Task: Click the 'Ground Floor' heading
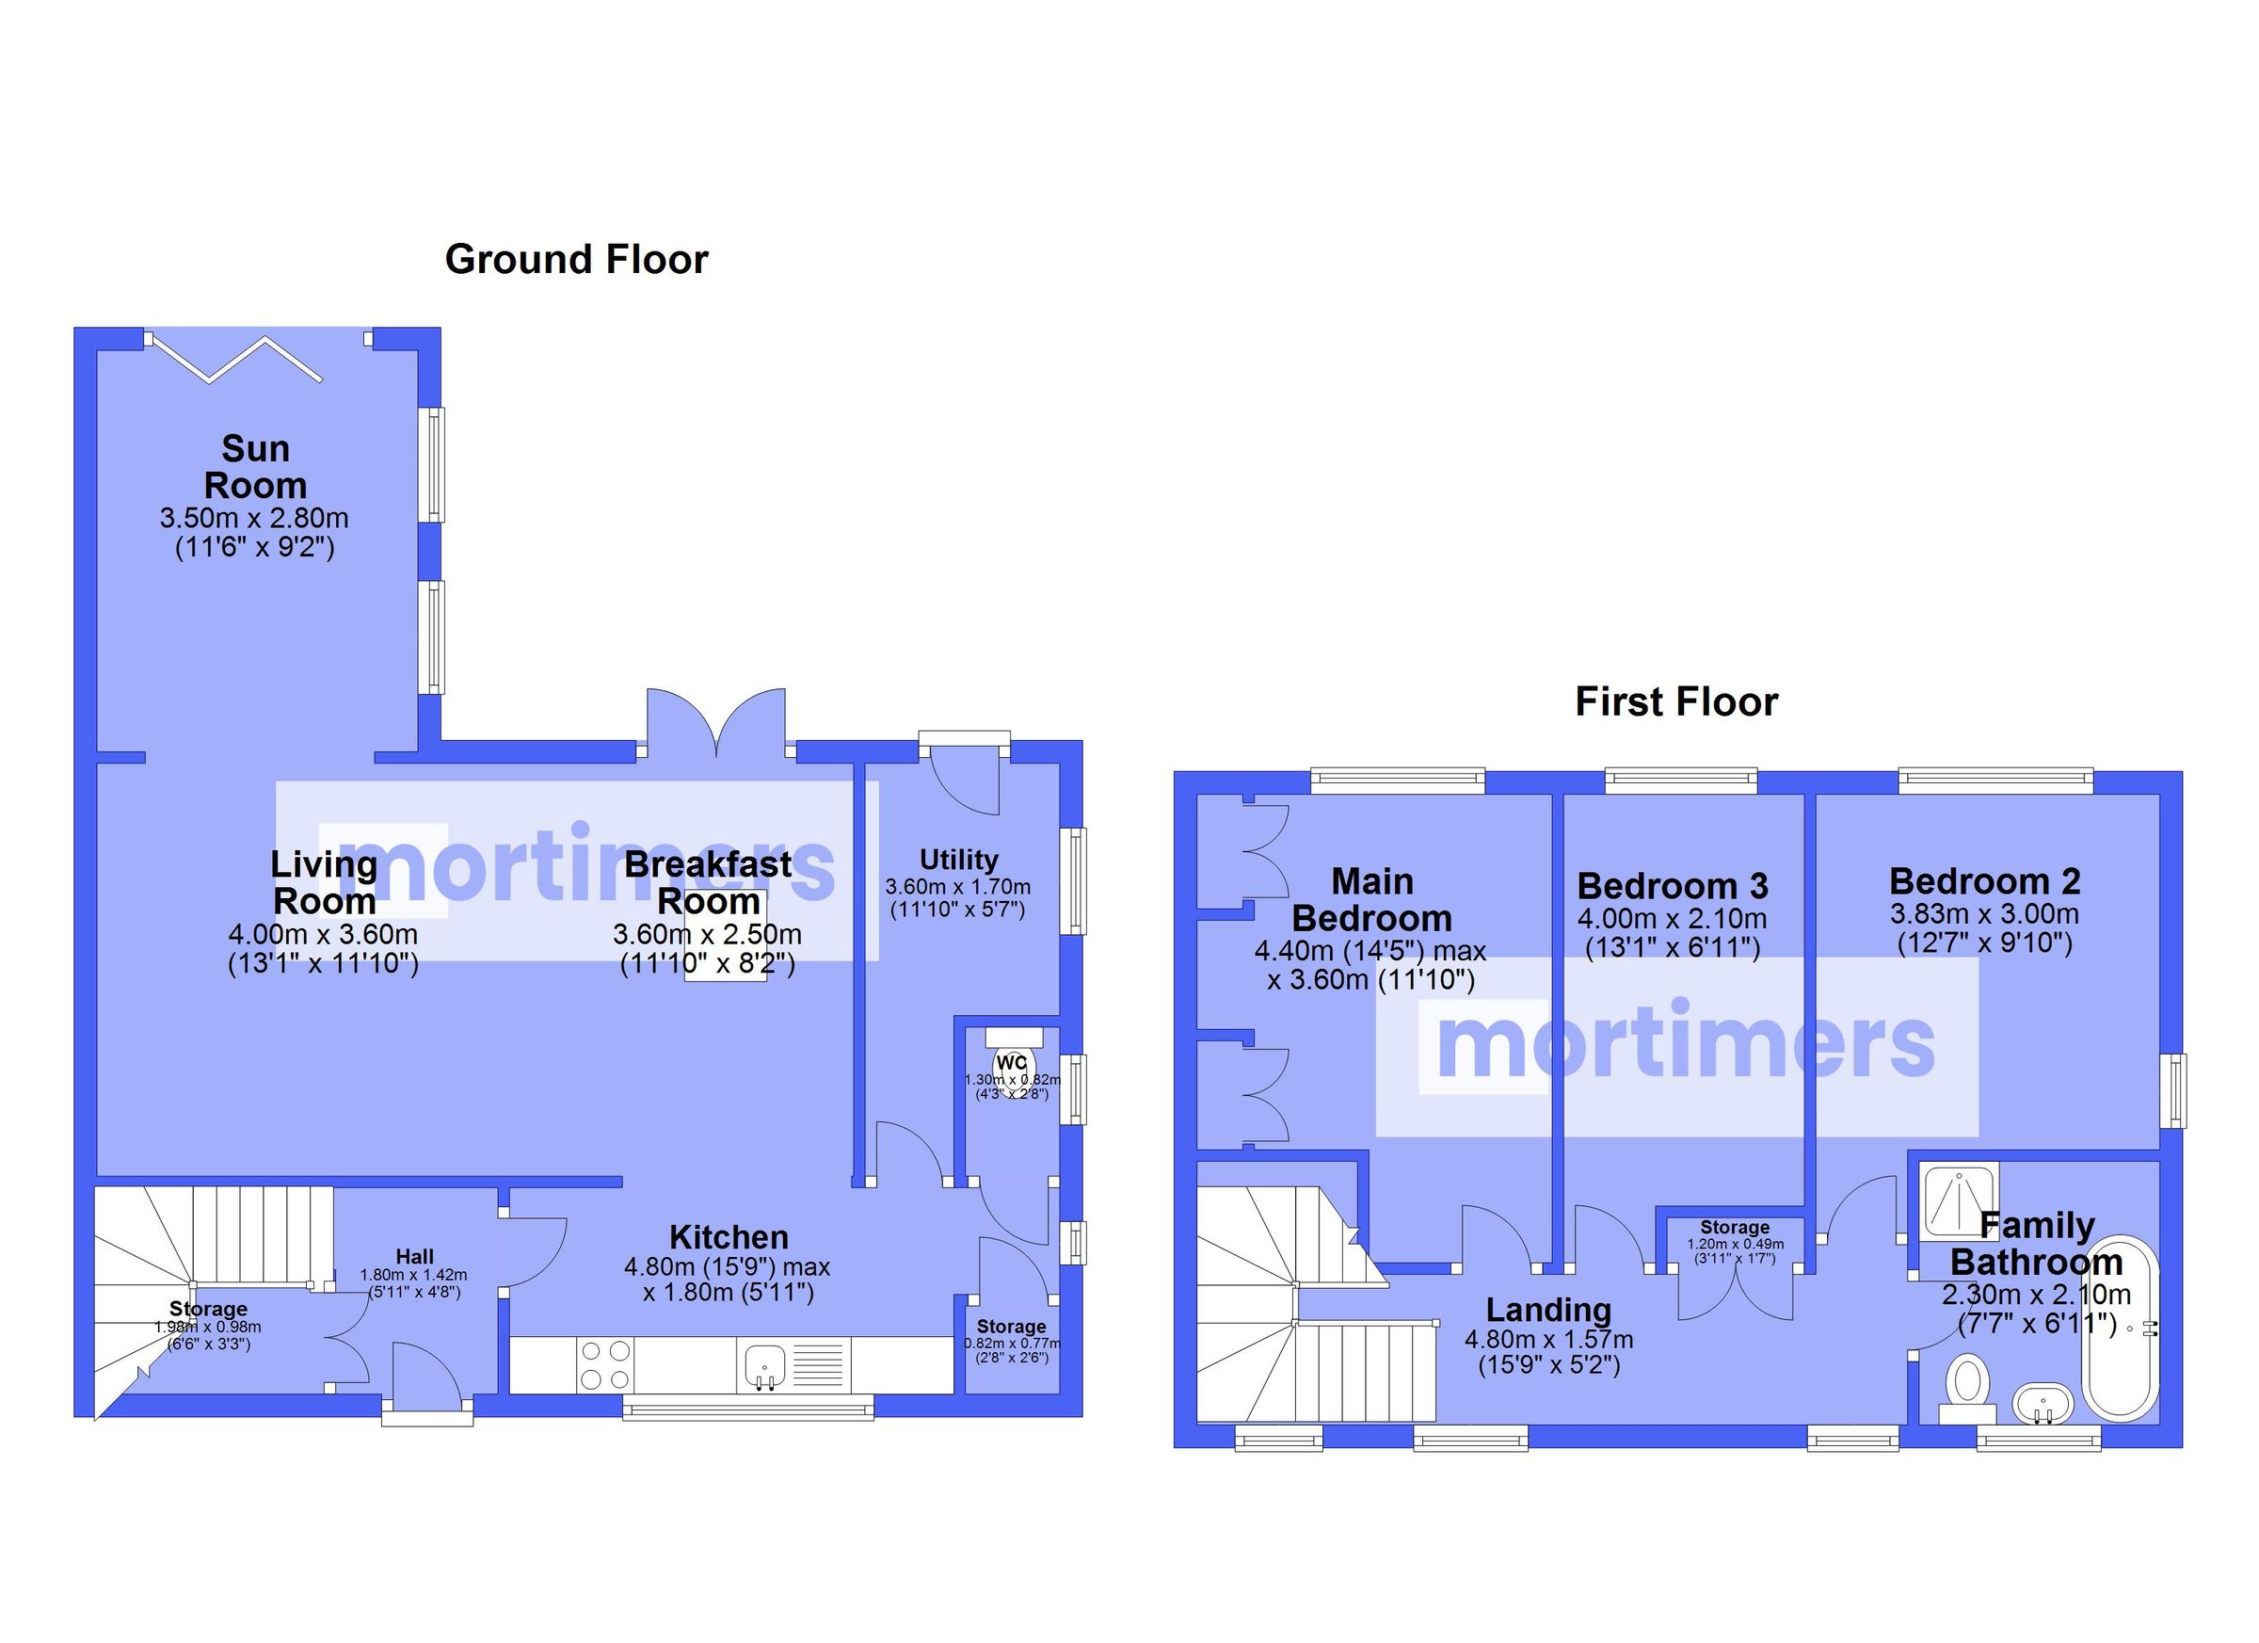pyautogui.click(x=576, y=259)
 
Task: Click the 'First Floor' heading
pyautogui.click(x=1676, y=701)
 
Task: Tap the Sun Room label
pyautogui.click(x=255, y=467)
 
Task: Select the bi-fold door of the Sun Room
pyautogui.click(x=236, y=359)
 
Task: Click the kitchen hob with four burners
pyautogui.click(x=605, y=1365)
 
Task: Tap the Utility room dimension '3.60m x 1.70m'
pyautogui.click(x=957, y=887)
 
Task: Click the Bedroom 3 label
pyautogui.click(x=1673, y=886)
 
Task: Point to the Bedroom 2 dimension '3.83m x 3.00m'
pyautogui.click(x=1984, y=913)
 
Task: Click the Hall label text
pyautogui.click(x=414, y=1256)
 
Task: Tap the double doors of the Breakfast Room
pyautogui.click(x=716, y=723)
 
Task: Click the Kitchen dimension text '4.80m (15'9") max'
pyautogui.click(x=727, y=1267)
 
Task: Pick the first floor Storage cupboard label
pyautogui.click(x=1735, y=1228)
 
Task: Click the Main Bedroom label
pyautogui.click(x=1371, y=900)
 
